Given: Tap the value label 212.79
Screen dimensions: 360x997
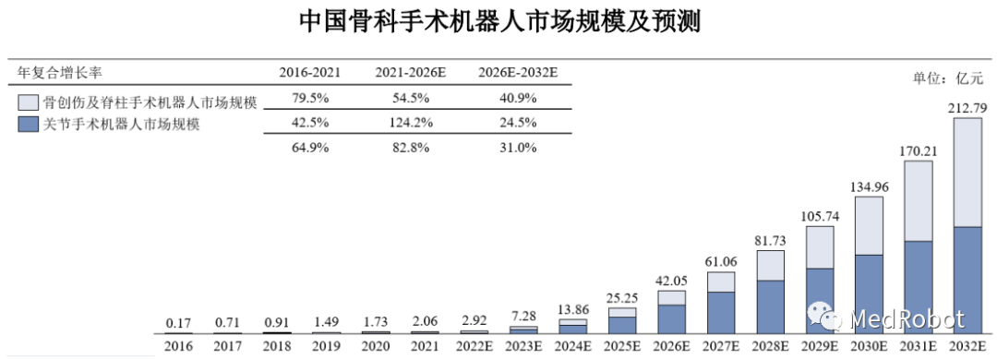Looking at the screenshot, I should pyautogui.click(x=967, y=110).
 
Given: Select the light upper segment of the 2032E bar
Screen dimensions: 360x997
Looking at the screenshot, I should pyautogui.click(x=967, y=173).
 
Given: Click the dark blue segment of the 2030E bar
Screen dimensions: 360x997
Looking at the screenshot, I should pyautogui.click(x=869, y=293).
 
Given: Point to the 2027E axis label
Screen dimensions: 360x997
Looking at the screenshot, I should pyautogui.click(x=721, y=347).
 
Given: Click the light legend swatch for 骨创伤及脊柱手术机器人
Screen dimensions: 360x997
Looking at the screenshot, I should pyautogui.click(x=28, y=102).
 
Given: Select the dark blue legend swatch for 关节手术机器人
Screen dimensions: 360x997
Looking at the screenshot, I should pyautogui.click(x=28, y=125).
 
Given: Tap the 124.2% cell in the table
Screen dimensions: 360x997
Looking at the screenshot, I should pyautogui.click(x=412, y=124).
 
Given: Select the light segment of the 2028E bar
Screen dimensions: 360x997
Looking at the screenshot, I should pyautogui.click(x=770, y=265).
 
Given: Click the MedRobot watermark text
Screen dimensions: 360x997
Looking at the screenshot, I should pyautogui.click(x=904, y=319).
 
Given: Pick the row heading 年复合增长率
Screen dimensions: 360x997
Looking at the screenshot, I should pyautogui.click(x=57, y=72).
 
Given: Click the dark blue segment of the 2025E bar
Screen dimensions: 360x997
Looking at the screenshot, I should pyautogui.click(x=622, y=324).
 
